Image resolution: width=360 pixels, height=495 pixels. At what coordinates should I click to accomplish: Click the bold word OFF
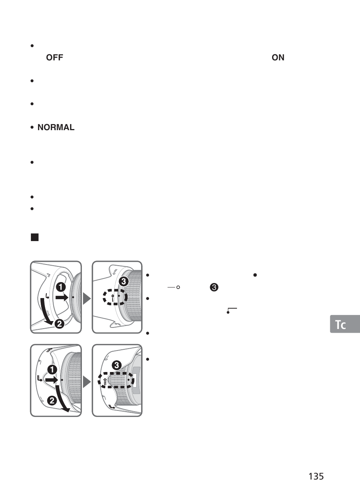coord(54,57)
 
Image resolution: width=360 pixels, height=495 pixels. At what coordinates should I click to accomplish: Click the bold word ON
coord(278,57)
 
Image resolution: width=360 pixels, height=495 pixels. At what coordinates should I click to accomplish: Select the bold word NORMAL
coord(56,128)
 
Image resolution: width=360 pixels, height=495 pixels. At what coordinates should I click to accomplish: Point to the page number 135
coord(316,476)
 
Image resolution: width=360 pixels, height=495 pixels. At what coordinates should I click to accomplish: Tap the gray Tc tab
coord(345,324)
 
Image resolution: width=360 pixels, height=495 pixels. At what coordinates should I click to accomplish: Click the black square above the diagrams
coord(35,237)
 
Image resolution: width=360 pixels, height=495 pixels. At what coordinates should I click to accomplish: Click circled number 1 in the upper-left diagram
coord(60,287)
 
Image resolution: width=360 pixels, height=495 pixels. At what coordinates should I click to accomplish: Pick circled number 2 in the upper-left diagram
coord(59,323)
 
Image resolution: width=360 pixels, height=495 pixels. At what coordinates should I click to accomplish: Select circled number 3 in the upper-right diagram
coord(123,281)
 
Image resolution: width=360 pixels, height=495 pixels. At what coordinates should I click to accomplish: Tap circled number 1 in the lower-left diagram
coord(52,370)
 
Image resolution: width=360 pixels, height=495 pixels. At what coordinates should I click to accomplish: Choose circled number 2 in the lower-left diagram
coord(52,401)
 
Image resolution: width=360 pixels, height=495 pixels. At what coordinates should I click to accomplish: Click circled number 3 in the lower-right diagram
coord(117,365)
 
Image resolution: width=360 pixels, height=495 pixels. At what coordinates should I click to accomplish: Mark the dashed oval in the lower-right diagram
coord(116,380)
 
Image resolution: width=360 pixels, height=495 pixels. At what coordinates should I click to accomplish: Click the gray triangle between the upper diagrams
coord(87,298)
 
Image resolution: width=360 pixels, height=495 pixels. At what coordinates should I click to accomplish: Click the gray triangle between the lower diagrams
coord(87,382)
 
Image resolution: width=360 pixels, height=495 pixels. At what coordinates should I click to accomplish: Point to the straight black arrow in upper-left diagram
coord(62,297)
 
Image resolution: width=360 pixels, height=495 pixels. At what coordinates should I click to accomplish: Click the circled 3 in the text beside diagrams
coord(214,287)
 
